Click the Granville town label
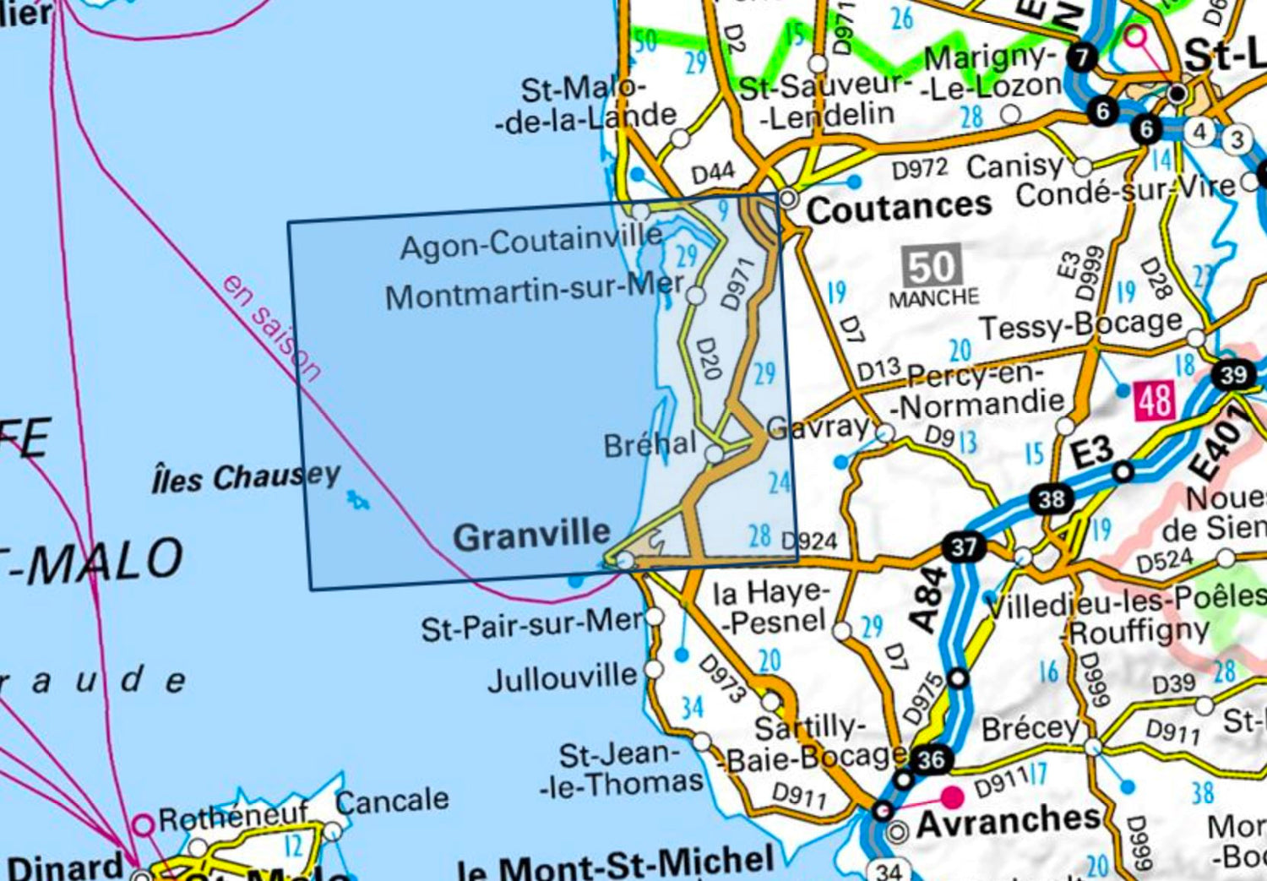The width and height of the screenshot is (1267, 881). point(531,536)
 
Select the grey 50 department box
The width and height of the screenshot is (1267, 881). point(932,267)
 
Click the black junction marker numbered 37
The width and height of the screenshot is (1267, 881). point(963,547)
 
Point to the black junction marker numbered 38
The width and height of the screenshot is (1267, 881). point(1051,499)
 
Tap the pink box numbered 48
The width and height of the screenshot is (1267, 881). point(1154,400)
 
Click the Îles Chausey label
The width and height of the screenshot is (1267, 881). point(246,478)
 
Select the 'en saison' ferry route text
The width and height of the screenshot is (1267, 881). point(271,326)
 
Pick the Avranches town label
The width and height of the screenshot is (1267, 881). point(1008,819)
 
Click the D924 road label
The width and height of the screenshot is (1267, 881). point(808,541)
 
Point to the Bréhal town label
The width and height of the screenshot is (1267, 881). point(650,444)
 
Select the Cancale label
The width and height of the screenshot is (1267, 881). point(392,801)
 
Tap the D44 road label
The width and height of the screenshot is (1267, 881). point(712,173)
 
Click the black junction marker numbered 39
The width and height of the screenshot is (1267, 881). point(1232,374)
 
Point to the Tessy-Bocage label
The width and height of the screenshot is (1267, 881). point(1080,324)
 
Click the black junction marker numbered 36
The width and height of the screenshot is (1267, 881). point(930,759)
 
